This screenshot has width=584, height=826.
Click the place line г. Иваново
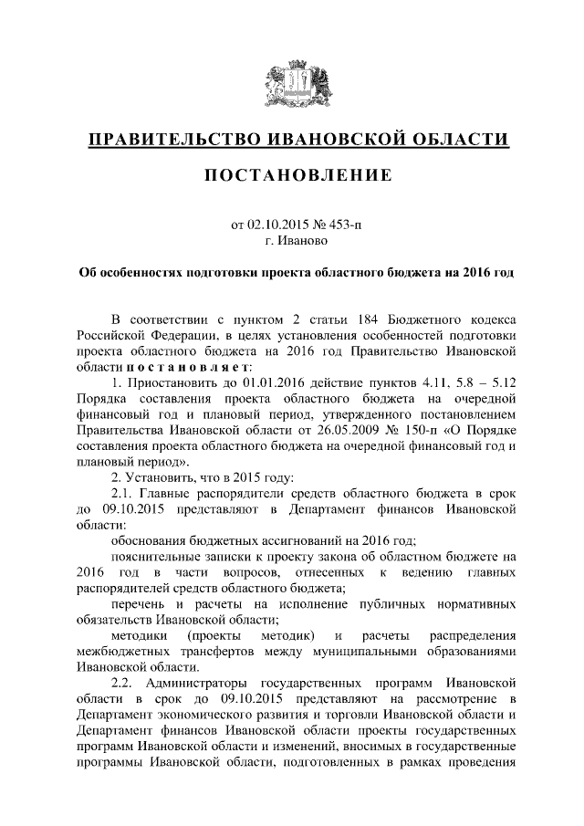pyautogui.click(x=292, y=242)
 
